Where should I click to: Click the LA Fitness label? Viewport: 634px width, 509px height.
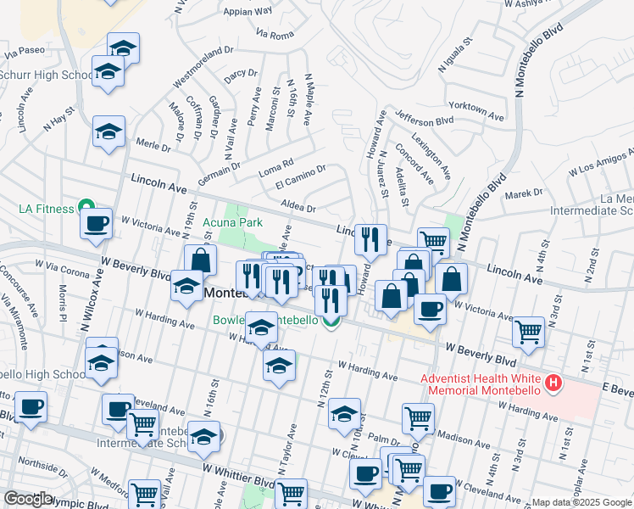pyautogui.click(x=39, y=207)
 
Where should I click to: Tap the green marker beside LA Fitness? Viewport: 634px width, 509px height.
pyautogui.click(x=85, y=206)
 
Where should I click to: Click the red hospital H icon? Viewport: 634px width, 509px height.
pyautogui.click(x=554, y=383)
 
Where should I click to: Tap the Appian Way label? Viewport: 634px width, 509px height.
pyautogui.click(x=247, y=12)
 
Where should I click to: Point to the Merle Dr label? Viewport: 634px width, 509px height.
pyautogui.click(x=153, y=145)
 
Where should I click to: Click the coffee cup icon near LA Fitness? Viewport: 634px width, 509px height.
pyautogui.click(x=96, y=225)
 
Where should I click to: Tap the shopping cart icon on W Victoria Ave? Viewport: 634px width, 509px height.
pyautogui.click(x=530, y=332)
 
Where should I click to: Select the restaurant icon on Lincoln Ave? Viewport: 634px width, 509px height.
pyautogui.click(x=370, y=240)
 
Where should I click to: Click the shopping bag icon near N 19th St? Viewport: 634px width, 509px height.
pyautogui.click(x=200, y=260)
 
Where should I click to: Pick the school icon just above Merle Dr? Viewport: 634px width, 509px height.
pyautogui.click(x=108, y=132)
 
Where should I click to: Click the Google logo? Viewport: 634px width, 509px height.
pyautogui.click(x=28, y=499)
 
